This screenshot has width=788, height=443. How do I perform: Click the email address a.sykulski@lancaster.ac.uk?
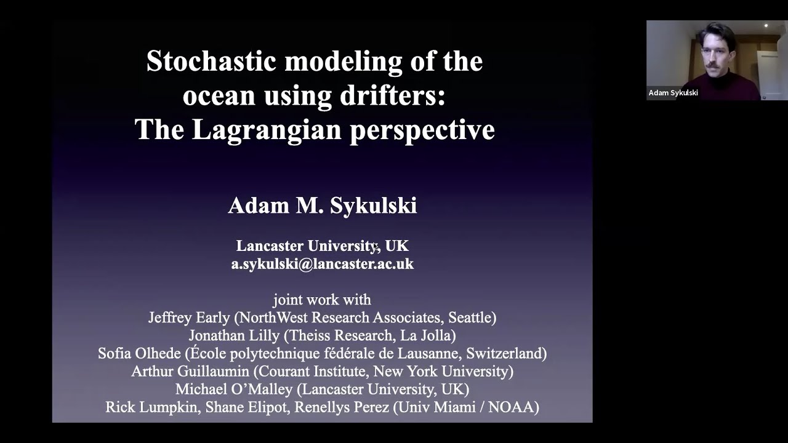point(322,264)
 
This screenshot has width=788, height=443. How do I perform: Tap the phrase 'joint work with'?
point(322,300)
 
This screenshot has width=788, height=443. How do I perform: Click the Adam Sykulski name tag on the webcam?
point(673,93)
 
